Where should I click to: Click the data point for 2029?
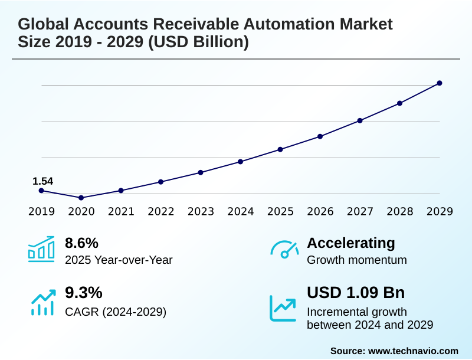coord(440,83)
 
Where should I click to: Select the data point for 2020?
coord(81,198)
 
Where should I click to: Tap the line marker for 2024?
coord(240,162)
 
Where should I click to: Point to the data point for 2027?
coord(360,120)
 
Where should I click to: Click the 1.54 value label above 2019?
coord(42,181)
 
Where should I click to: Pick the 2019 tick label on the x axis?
coord(41,211)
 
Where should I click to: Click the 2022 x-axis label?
coord(160,211)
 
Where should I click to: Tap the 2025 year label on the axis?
coord(280,211)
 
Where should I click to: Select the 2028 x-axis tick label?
coord(399,211)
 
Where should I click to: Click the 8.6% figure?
coord(81,243)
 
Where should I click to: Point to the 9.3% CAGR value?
coord(83,293)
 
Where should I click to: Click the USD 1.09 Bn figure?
coord(356,293)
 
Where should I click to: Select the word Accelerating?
coord(351,243)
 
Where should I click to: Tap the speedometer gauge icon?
coord(284,249)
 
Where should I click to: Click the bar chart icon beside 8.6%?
coord(41,249)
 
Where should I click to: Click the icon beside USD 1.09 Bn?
coord(283,308)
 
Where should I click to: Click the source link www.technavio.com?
coord(413,351)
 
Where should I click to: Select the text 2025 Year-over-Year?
coord(119,260)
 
